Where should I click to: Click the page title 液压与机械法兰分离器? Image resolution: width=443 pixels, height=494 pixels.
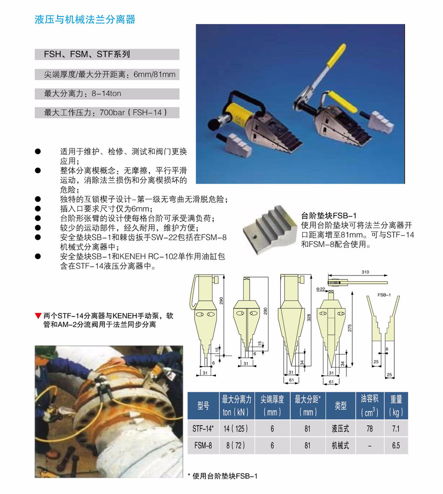[x=85, y=19]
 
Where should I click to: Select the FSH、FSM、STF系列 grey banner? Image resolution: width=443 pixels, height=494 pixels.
[x=107, y=54]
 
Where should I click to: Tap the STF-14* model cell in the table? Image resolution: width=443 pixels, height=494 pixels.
[x=203, y=428]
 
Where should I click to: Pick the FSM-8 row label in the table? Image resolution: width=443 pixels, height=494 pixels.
[x=203, y=445]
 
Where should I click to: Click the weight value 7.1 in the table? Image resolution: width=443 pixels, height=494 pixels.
[x=396, y=428]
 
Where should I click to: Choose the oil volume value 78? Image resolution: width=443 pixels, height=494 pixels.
[x=370, y=428]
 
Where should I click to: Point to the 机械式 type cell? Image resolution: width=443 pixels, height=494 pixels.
[x=340, y=445]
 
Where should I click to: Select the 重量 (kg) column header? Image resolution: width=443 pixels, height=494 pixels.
[x=396, y=406]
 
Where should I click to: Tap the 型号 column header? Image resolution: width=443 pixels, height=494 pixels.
[x=203, y=406]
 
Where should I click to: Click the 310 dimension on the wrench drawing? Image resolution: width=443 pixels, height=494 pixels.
[x=365, y=272]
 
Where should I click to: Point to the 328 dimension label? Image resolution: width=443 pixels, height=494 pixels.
[x=309, y=317]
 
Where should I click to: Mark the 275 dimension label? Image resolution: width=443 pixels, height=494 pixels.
[x=350, y=328]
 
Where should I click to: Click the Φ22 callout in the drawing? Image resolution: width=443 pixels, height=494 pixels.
[x=320, y=289]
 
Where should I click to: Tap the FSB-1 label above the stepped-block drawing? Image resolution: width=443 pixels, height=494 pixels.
[x=384, y=295]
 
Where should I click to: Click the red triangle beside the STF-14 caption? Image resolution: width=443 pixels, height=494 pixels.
[x=38, y=316]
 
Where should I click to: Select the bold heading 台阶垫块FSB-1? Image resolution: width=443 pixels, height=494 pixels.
[x=329, y=216]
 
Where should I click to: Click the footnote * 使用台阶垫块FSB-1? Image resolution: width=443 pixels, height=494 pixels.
[x=223, y=476]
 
